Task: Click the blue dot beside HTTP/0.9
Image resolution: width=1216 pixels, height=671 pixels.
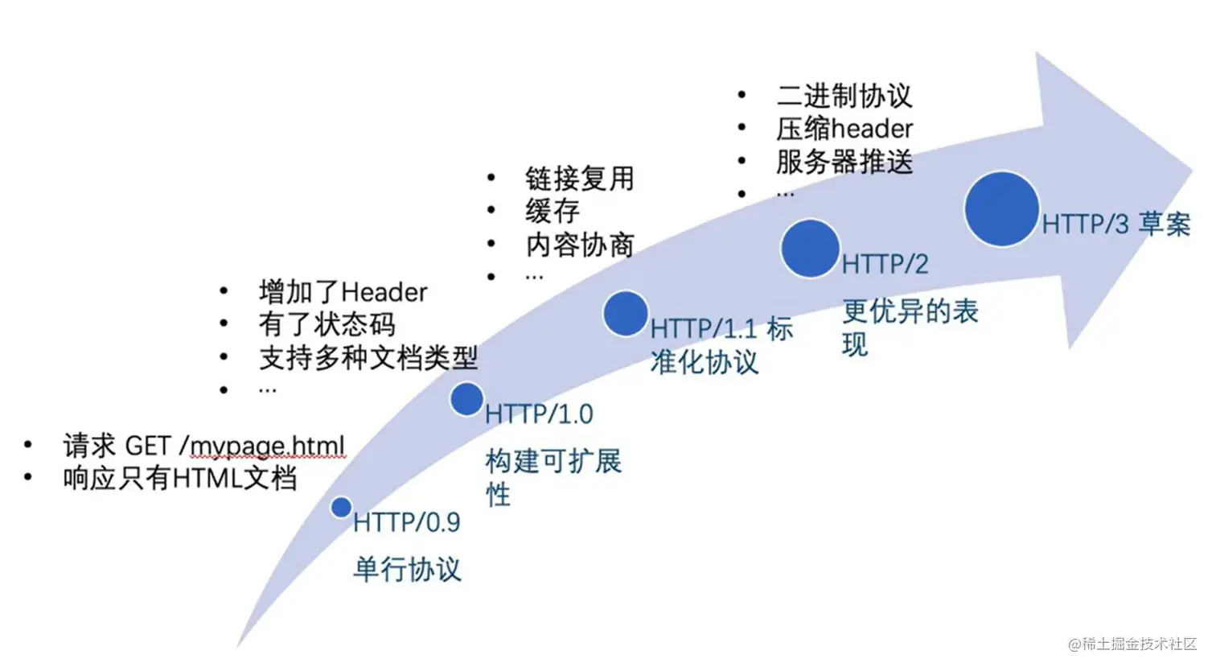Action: coord(341,507)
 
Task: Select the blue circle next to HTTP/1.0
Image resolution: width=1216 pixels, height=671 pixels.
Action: coord(466,399)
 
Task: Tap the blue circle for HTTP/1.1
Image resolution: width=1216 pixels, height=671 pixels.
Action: coord(626,313)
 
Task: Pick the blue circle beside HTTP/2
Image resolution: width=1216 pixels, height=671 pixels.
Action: coord(810,249)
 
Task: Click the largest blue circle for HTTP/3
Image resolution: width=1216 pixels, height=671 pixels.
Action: coord(1001,208)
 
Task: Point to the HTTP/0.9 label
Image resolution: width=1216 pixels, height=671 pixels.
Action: coord(407,523)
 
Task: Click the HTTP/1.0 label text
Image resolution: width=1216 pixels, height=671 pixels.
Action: coord(540,414)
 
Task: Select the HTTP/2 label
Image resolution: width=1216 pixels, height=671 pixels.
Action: coord(885,264)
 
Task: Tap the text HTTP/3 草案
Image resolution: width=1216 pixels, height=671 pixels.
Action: coord(1115,224)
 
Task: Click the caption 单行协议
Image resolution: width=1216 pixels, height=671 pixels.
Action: coord(407,570)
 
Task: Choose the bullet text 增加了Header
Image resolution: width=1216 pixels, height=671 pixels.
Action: coord(343,291)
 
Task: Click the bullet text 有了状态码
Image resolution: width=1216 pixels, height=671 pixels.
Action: coord(327,324)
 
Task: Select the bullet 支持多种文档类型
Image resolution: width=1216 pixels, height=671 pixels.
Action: coord(368,358)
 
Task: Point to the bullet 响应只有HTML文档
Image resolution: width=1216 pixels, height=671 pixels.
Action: coord(180,479)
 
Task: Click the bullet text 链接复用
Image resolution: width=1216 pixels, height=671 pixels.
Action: coord(580,178)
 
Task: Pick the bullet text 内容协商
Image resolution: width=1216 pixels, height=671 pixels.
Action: coord(580,245)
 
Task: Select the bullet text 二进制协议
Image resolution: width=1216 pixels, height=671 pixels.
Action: coord(844,96)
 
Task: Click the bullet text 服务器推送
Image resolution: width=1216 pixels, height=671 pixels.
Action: coord(844,162)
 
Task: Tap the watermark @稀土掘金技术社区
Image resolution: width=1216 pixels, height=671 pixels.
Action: coord(1132,644)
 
